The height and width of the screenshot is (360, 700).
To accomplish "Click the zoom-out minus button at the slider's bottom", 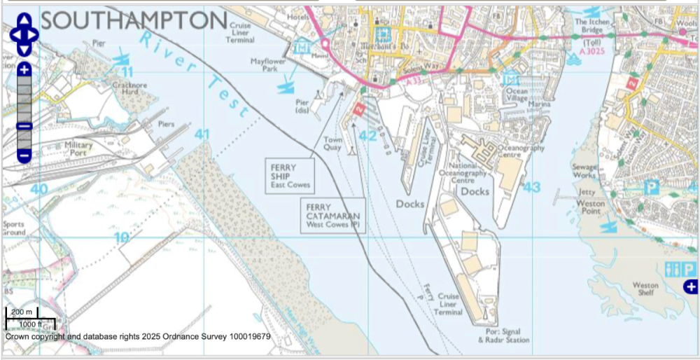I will pyautogui.click(x=24, y=155).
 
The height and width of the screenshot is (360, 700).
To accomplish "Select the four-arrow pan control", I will pyautogui.click(x=24, y=34).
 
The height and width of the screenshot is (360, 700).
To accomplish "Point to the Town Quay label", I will pyautogui.click(x=333, y=144).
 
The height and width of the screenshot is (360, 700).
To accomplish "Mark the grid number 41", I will pyautogui.click(x=202, y=134).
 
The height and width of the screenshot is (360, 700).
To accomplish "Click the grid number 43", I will pyautogui.click(x=532, y=187).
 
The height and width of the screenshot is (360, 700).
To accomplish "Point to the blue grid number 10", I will pyautogui.click(x=122, y=237).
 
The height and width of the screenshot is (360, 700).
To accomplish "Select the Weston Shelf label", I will pyautogui.click(x=645, y=289).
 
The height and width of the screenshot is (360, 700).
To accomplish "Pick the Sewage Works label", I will pyautogui.click(x=584, y=172).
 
